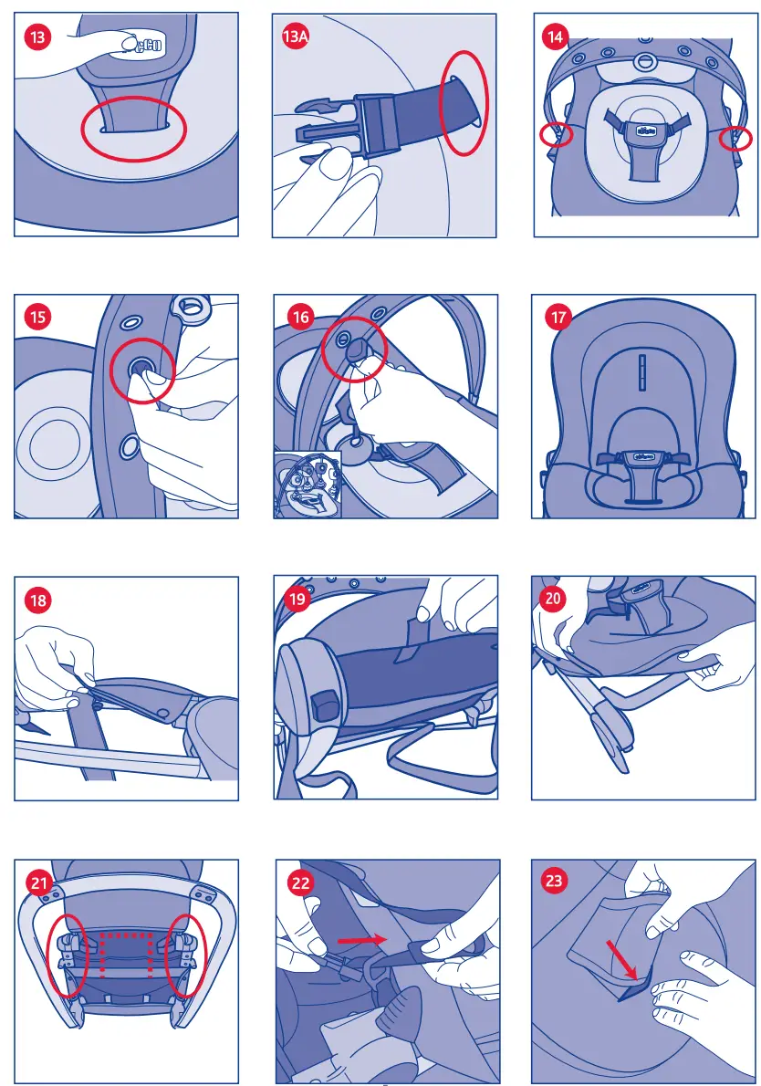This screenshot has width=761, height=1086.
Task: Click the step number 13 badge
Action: [x=37, y=36]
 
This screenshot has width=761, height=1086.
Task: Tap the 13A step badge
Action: [x=295, y=37]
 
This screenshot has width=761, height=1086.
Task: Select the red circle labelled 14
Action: [x=556, y=37]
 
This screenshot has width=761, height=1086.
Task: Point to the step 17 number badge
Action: [x=558, y=318]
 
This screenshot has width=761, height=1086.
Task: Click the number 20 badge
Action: [x=553, y=598]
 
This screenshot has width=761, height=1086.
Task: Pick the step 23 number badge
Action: [x=554, y=881]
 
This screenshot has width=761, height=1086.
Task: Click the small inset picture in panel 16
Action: [x=308, y=484]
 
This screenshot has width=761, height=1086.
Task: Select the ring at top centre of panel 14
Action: [x=645, y=62]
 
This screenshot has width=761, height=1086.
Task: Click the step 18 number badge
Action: [x=37, y=600]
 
